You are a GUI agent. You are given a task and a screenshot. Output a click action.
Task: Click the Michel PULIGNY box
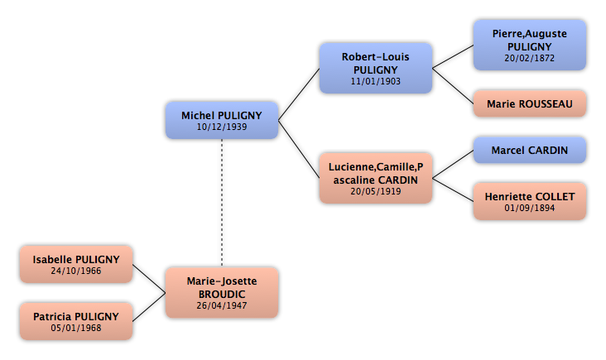(222, 121)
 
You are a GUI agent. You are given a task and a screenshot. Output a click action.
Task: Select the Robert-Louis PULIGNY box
(376, 69)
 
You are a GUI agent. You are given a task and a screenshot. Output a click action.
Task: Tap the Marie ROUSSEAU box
(530, 103)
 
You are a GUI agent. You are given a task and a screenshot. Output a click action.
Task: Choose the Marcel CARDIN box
(530, 150)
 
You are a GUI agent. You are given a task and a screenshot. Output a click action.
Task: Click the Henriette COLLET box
(530, 202)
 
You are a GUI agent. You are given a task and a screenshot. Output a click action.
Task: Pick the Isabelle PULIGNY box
(76, 264)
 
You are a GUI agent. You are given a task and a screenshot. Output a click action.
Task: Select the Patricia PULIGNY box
(76, 321)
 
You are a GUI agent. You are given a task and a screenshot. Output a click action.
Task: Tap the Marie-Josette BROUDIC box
(222, 293)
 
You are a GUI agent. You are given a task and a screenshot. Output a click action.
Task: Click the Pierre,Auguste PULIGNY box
(530, 46)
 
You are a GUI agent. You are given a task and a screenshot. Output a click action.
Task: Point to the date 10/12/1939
(222, 127)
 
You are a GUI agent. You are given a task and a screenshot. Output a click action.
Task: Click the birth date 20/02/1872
(530, 58)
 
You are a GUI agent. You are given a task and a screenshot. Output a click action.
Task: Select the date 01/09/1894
(530, 208)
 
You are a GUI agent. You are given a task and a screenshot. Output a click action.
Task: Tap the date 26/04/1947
(222, 305)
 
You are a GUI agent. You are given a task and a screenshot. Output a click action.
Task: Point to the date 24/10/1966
(76, 271)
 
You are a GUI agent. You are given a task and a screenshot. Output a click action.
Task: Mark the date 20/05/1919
(376, 191)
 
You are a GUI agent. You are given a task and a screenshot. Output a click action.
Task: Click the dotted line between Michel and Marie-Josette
(222, 203)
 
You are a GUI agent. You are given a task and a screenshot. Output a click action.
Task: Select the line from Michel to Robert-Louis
(299, 94)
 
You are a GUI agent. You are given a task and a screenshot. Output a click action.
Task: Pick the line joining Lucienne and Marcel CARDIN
(453, 164)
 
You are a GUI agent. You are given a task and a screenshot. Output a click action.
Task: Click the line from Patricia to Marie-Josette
(149, 307)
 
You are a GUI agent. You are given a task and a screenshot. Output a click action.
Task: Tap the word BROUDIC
(222, 295)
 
